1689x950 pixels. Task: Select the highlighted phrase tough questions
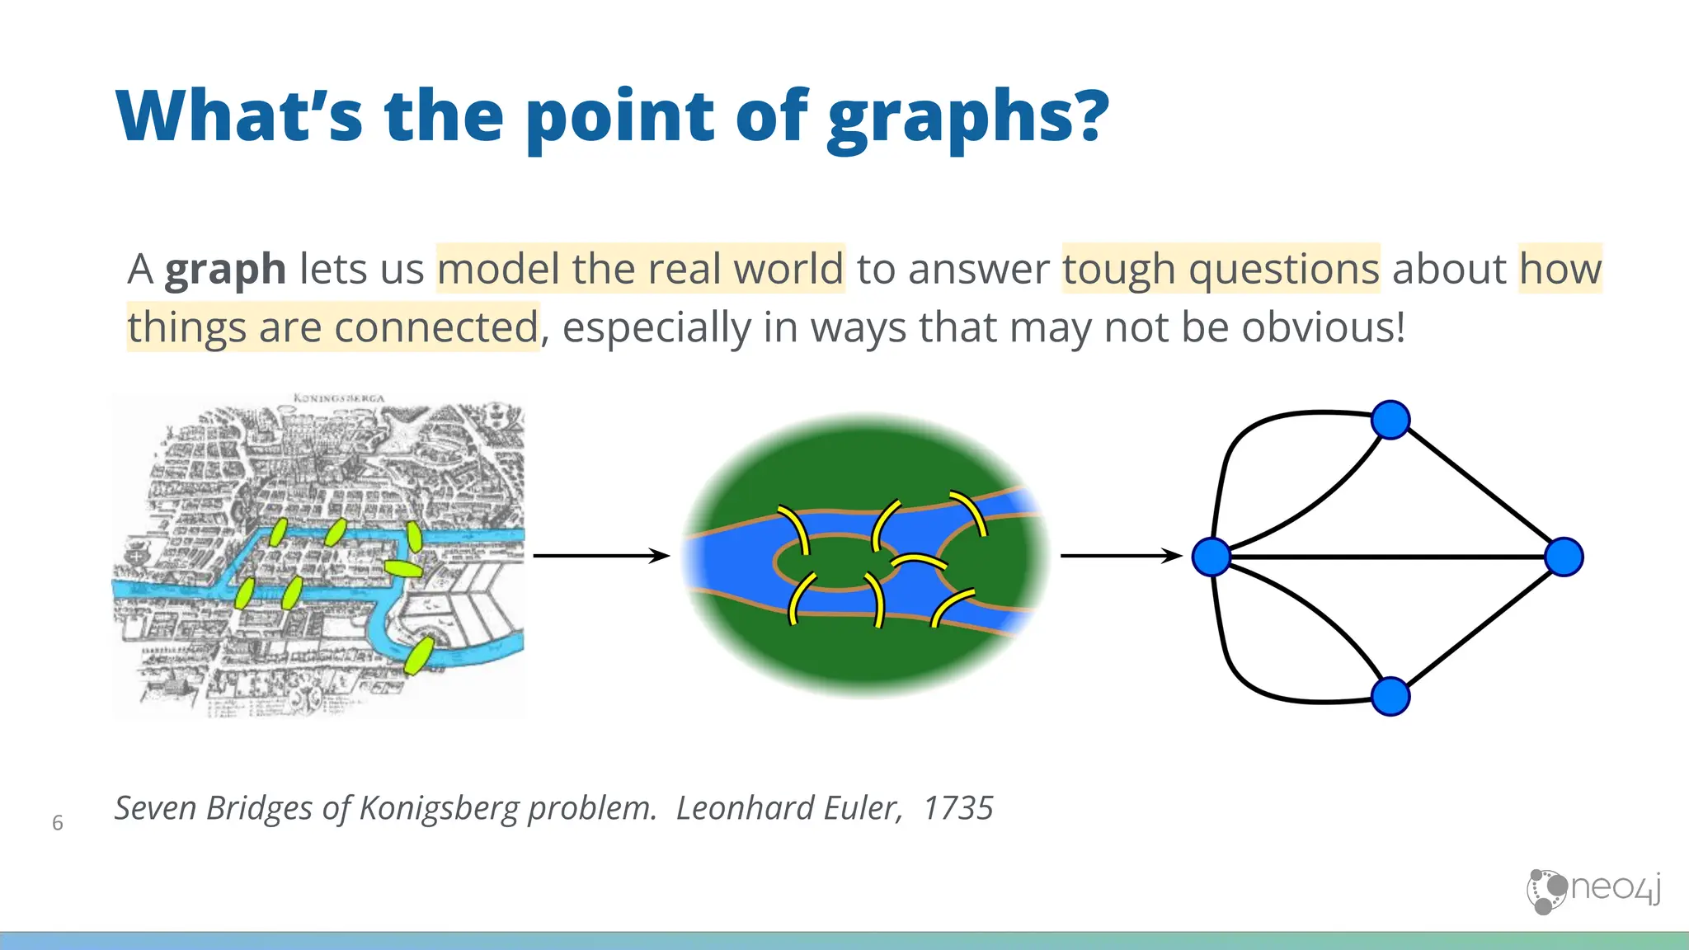coord(1221,269)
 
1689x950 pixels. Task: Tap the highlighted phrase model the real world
coord(640,269)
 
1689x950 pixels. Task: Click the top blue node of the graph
coord(1390,420)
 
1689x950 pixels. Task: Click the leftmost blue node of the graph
coord(1211,557)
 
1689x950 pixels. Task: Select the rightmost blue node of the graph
coord(1564,557)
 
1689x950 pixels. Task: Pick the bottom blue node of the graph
coord(1390,696)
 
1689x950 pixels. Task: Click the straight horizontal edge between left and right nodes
coord(1386,557)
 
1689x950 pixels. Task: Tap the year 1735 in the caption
coord(957,808)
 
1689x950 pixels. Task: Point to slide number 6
coord(58,822)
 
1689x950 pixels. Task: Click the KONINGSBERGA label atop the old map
coord(338,398)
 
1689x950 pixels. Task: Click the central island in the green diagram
coord(835,562)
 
